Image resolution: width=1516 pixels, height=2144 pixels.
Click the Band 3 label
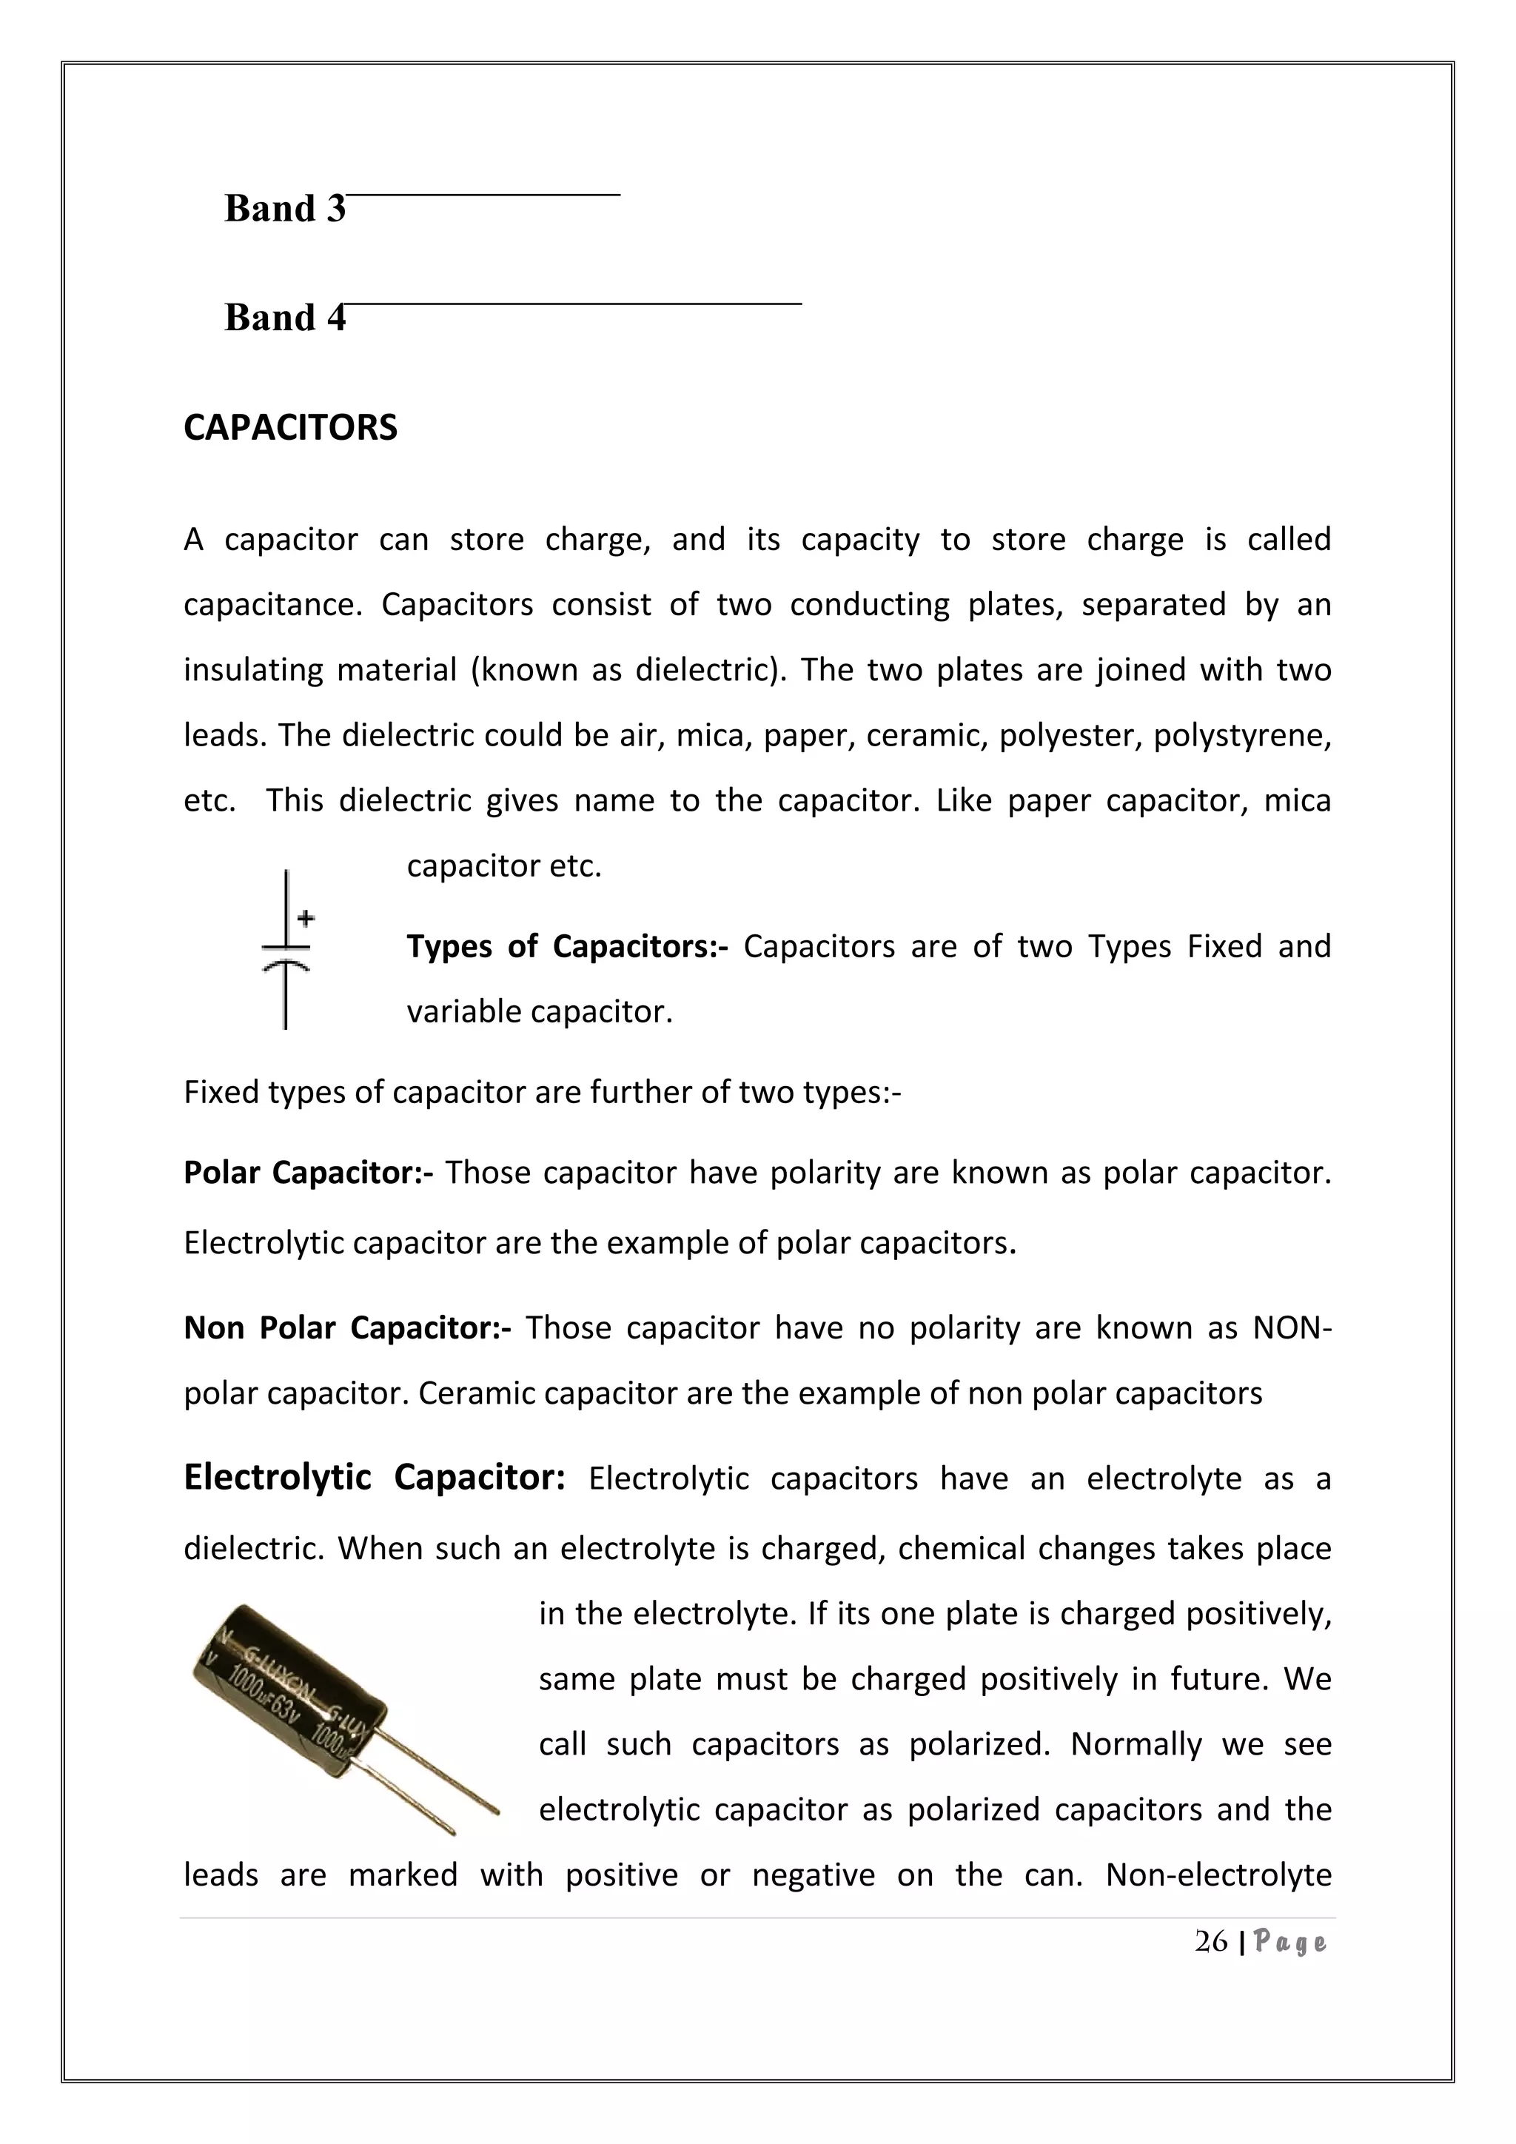(x=285, y=208)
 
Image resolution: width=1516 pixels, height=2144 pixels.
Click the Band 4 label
(x=285, y=318)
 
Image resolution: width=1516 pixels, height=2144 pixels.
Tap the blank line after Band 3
(x=483, y=193)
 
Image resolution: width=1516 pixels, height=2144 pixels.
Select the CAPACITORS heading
(x=290, y=428)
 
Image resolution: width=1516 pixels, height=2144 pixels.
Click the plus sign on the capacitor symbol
(x=305, y=919)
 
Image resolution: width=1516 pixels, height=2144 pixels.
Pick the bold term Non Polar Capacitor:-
(x=347, y=1328)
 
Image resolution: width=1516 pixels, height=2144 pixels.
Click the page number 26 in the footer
(x=1211, y=1943)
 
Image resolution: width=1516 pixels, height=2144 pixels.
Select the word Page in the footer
(x=1291, y=1943)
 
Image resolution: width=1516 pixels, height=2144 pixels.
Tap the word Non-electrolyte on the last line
(x=1218, y=1875)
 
